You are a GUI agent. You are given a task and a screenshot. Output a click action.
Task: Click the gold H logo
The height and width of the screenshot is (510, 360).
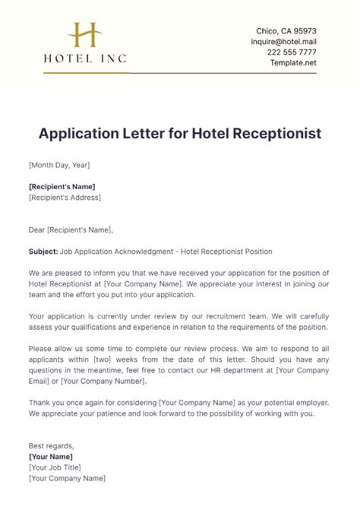click(x=85, y=35)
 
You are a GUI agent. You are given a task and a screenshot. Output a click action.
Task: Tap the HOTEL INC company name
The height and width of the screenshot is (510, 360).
click(x=85, y=59)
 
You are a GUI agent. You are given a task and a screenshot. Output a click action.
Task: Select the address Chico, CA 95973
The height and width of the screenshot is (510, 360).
click(x=286, y=31)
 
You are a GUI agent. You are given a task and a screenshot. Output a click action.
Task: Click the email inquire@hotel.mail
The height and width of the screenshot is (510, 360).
click(x=283, y=42)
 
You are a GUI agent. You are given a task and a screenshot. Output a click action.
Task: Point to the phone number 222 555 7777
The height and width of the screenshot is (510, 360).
click(x=292, y=52)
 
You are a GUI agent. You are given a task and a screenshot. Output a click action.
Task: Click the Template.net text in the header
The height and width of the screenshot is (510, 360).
click(x=293, y=63)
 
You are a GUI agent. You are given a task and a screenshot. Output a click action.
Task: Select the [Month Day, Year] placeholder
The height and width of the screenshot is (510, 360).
click(x=59, y=165)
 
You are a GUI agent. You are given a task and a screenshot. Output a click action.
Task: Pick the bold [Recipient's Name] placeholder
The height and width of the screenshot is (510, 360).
click(x=62, y=187)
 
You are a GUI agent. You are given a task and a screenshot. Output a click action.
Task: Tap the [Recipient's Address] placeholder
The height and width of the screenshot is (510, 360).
click(x=64, y=197)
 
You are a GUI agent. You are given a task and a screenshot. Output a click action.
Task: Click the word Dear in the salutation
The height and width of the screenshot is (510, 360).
click(x=37, y=230)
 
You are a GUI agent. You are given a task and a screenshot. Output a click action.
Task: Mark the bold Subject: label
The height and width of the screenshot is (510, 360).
click(x=43, y=252)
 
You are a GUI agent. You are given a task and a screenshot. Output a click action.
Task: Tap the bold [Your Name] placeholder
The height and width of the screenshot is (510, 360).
click(x=50, y=456)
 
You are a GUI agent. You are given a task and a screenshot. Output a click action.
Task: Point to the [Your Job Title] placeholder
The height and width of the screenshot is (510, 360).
click(x=54, y=467)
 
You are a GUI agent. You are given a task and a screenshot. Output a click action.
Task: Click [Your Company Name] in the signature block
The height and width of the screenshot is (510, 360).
click(x=67, y=478)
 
